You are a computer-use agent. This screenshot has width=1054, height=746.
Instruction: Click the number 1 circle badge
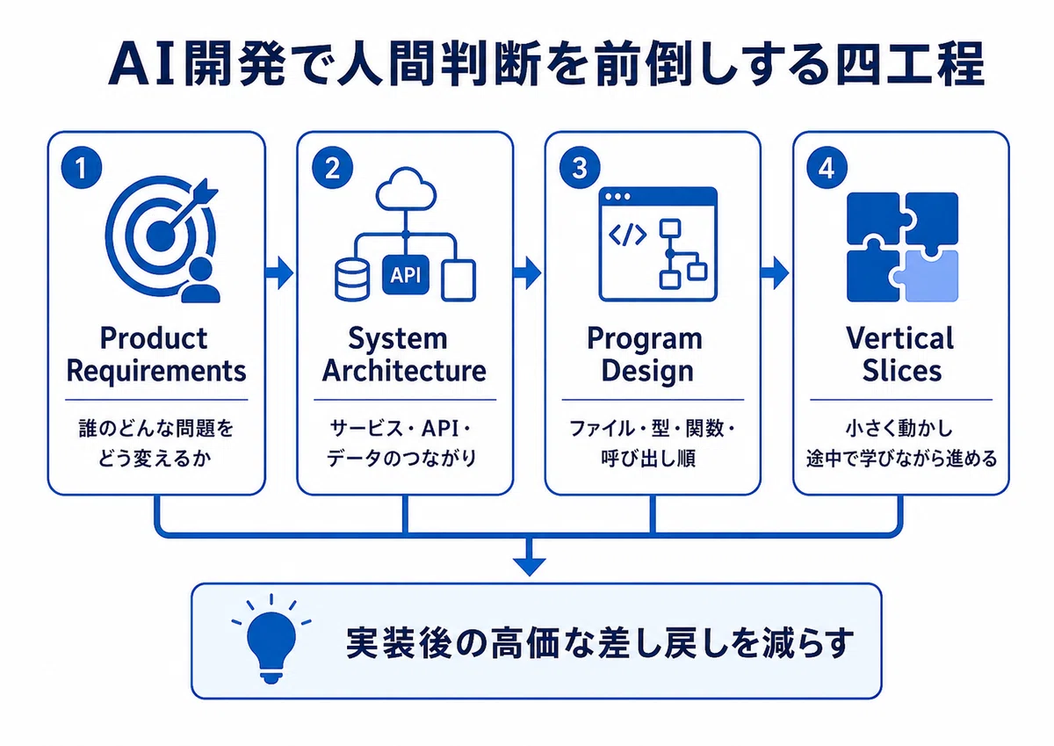[x=82, y=168]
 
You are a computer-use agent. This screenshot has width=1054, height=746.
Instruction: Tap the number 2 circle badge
[x=332, y=168]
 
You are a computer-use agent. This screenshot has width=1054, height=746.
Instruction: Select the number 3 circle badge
[x=580, y=168]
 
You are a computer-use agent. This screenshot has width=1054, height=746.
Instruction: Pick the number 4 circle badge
[x=827, y=168]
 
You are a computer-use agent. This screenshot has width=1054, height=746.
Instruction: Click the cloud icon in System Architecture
[x=406, y=189]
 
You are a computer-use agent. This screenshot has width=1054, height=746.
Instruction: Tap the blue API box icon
[x=406, y=275]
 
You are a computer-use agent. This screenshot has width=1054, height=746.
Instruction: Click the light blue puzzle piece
[x=928, y=277]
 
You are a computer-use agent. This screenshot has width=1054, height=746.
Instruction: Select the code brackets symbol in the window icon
[x=627, y=235]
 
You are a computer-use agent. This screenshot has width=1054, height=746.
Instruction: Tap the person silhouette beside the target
[x=201, y=280]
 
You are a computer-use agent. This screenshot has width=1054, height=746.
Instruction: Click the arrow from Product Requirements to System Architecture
[x=279, y=272]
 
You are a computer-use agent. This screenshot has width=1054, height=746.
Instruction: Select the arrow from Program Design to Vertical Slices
[x=775, y=272]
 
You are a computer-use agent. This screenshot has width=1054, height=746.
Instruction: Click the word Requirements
[x=156, y=372]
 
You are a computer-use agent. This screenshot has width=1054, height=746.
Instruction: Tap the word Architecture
[x=404, y=371]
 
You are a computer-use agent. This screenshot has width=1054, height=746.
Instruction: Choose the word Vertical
[x=900, y=338]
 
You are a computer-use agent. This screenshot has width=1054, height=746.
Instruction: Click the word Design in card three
[x=647, y=372]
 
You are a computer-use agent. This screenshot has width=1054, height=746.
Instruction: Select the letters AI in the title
[x=142, y=64]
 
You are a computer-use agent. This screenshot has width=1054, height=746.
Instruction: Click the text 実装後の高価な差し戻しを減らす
[x=600, y=642]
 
